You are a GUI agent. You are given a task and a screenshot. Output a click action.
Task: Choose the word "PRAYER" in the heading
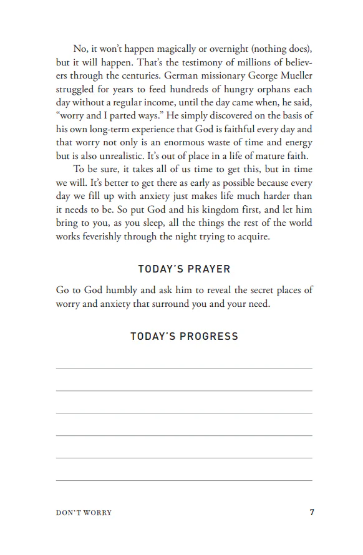[205, 269]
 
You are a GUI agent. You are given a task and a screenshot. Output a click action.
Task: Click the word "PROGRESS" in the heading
[210, 336]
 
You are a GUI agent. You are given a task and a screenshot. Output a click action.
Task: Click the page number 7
[312, 513]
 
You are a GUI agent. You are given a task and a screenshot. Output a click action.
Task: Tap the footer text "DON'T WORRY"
[84, 513]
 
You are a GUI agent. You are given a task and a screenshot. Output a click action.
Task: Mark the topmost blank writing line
[184, 369]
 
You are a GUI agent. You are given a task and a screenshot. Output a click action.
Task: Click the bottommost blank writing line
[184, 480]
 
